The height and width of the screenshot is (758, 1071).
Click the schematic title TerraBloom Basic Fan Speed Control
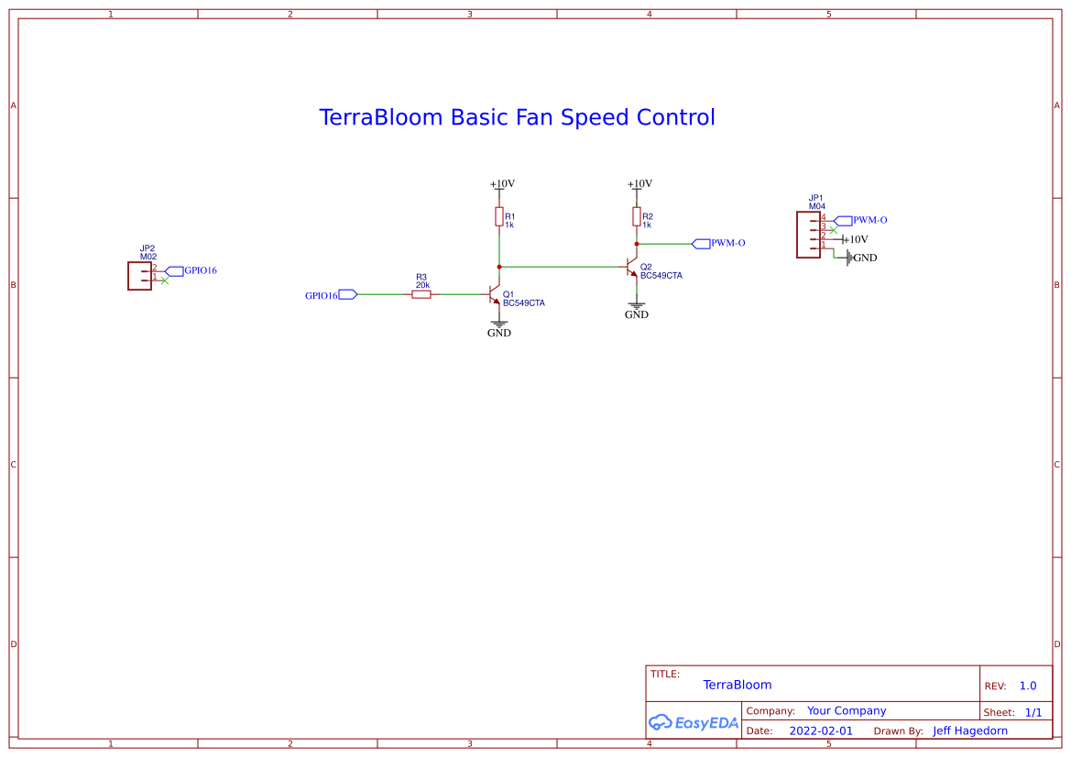(517, 117)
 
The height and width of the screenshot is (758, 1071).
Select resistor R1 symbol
(499, 216)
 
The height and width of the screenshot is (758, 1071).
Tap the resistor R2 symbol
(636, 216)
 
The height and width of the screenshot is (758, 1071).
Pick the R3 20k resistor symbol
(421, 294)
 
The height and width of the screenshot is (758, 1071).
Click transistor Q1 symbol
(496, 295)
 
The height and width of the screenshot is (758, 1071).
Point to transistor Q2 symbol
(632, 267)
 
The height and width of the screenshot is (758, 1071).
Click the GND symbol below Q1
(499, 327)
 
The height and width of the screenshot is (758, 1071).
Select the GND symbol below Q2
(636, 309)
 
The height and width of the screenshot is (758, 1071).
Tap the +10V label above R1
(502, 183)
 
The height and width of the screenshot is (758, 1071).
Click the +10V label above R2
(639, 183)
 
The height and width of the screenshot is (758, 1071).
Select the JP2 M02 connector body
(139, 276)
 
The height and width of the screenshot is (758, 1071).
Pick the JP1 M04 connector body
(809, 235)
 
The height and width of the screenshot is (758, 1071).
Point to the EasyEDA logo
(694, 722)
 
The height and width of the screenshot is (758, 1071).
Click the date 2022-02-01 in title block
(820, 731)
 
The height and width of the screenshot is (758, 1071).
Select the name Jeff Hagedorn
(969, 731)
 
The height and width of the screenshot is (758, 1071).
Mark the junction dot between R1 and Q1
(499, 266)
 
